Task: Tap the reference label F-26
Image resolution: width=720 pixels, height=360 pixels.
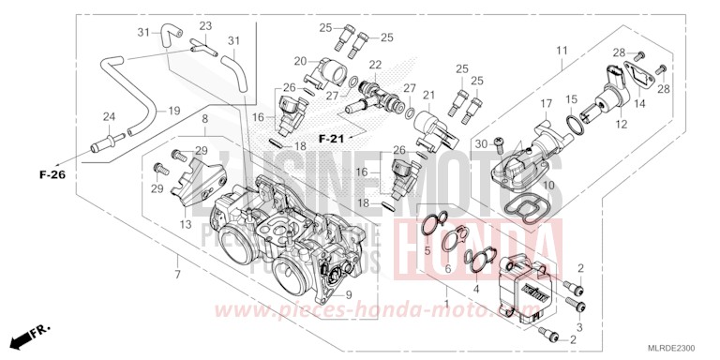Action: click(x=52, y=174)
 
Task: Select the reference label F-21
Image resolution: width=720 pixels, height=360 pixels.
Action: click(x=332, y=139)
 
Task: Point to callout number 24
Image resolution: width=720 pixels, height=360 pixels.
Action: click(x=110, y=117)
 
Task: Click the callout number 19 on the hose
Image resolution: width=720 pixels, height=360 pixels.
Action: click(x=174, y=111)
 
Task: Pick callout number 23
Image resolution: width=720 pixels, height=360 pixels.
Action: click(x=205, y=25)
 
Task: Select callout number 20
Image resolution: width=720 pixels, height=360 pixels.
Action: click(x=300, y=61)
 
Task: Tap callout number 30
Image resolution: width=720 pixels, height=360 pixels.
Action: click(x=481, y=142)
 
